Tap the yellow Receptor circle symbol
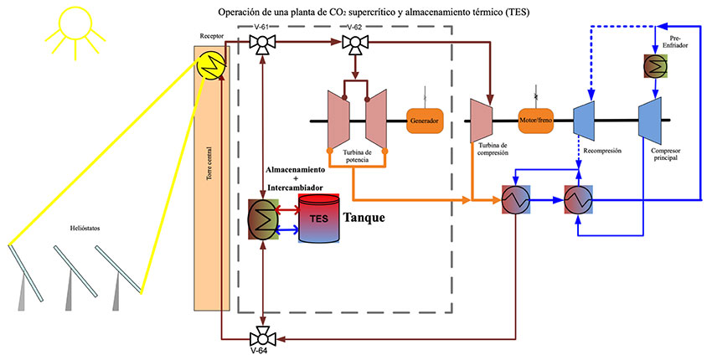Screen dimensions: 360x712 [x=207, y=64]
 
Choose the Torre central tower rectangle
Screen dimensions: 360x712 [x=207, y=193]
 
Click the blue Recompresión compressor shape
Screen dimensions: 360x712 [x=584, y=121]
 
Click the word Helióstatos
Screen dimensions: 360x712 [x=87, y=228]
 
